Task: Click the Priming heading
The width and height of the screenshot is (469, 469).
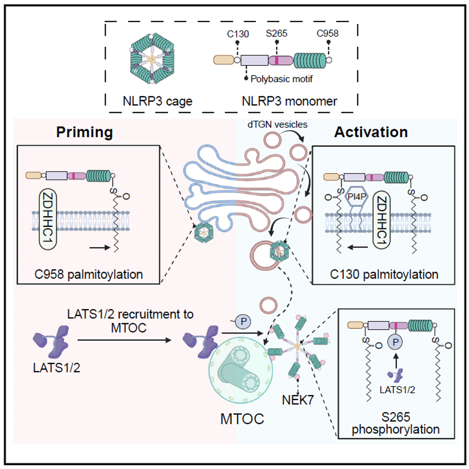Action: coord(84,132)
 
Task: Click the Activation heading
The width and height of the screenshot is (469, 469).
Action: coord(371,132)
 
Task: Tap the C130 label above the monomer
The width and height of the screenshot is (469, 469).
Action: coord(238,34)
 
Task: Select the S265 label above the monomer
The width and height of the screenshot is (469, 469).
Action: coord(276,34)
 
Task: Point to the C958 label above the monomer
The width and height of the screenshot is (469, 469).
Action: coord(327,34)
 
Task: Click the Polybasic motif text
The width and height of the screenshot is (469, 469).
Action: coord(281,79)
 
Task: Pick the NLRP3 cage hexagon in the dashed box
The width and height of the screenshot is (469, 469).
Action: coord(152,58)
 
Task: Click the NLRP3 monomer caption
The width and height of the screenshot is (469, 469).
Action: coord(289,101)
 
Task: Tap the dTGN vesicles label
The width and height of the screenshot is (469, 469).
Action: coord(277,124)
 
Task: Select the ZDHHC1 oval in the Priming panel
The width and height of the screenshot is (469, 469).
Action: coord(48,219)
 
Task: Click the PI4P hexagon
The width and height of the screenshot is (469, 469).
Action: coord(356,196)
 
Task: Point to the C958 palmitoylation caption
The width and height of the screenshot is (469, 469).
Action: coord(89,274)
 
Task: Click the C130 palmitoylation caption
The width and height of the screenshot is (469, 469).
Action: coord(384,274)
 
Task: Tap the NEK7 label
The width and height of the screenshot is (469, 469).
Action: coord(297,400)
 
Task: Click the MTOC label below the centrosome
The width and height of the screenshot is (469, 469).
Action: coord(242,419)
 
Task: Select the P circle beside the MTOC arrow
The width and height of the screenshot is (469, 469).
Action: coord(243,322)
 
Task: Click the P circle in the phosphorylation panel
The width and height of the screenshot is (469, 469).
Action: coord(395,342)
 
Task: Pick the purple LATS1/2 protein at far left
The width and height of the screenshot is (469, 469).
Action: coord(51,342)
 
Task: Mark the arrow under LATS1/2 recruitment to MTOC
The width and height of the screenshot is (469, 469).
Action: coord(124,340)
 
